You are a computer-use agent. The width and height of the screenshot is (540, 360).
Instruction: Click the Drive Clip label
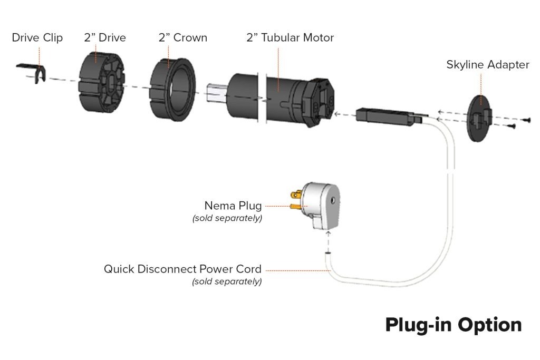(37, 38)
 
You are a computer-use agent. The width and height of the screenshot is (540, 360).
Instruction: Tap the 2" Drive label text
(104, 38)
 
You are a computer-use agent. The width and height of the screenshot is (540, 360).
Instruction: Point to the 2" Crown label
(182, 38)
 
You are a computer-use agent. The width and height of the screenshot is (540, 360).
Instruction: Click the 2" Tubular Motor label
(290, 38)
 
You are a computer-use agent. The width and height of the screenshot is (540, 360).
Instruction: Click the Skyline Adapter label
(487, 65)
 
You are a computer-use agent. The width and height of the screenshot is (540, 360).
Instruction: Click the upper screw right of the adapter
(525, 121)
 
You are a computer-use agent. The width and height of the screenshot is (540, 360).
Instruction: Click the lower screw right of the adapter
(512, 127)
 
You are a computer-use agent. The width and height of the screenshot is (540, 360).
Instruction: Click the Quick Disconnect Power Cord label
(182, 269)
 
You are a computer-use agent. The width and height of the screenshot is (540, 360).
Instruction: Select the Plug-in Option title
(453, 325)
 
